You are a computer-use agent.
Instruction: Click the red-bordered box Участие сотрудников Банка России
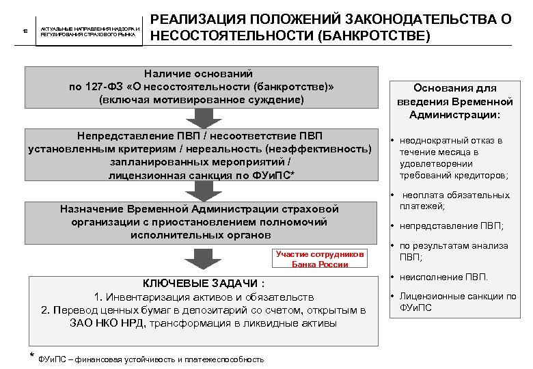pos(320,259)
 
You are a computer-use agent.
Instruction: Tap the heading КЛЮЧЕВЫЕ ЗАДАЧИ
pos(202,284)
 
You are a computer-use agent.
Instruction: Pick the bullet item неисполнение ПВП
pos(443,277)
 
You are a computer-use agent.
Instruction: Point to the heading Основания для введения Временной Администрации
pos(455,102)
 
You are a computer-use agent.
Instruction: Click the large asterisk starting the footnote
pos(32,356)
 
